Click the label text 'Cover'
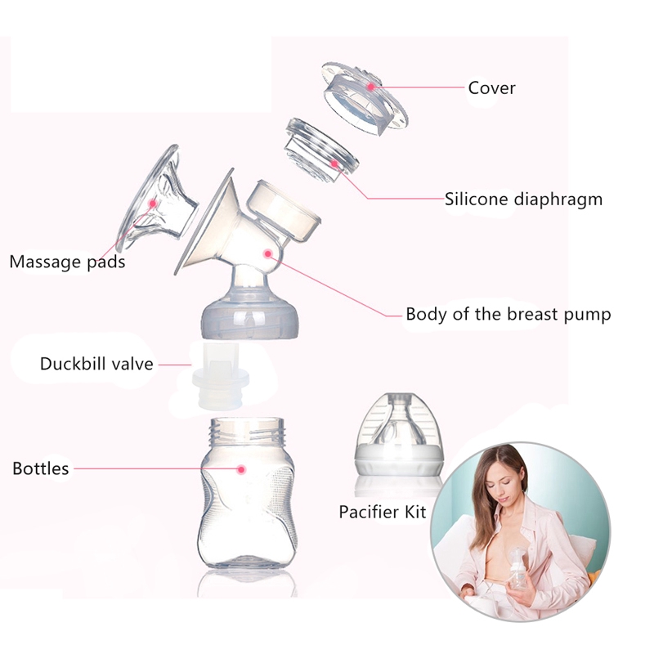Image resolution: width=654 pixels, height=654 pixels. point(491,88)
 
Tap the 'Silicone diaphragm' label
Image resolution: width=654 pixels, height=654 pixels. point(523,199)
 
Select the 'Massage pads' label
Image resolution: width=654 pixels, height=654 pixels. point(67,262)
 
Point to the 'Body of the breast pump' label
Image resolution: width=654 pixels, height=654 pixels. point(508,314)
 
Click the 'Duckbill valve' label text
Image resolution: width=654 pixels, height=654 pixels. point(96,364)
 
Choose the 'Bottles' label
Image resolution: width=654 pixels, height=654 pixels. point(40,469)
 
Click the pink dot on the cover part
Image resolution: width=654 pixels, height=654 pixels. point(370,85)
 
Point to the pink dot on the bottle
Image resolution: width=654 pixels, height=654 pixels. point(242,469)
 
